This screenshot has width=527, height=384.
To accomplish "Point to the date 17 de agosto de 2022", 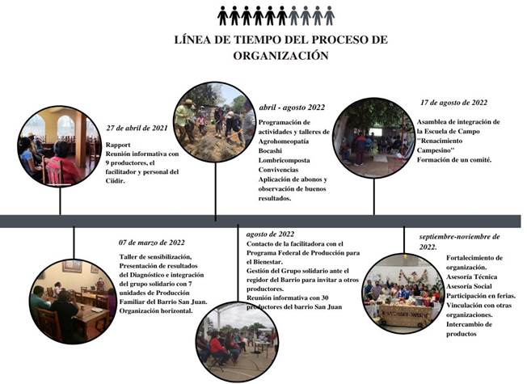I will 454,103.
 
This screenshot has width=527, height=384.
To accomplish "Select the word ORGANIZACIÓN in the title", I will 280,57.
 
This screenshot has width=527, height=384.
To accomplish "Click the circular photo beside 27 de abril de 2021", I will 60,146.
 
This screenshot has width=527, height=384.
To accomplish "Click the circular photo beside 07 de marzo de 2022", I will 73,300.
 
